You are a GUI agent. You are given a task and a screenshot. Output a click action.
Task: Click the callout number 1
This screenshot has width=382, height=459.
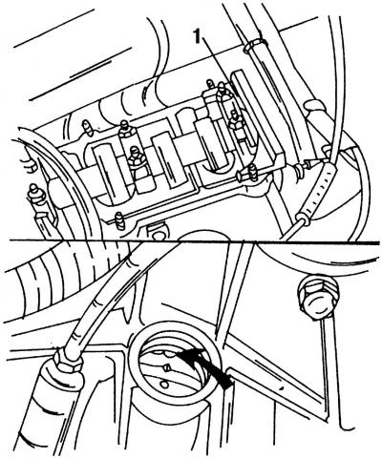pyautogui.click(x=198, y=37)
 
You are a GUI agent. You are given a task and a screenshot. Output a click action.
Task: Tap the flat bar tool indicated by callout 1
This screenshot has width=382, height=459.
pyautogui.click(x=259, y=115)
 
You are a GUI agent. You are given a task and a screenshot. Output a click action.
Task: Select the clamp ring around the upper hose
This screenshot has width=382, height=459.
pyautogui.click(x=255, y=46)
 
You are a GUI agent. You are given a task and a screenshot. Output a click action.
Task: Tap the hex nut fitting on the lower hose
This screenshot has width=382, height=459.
pyautogui.click(x=68, y=361)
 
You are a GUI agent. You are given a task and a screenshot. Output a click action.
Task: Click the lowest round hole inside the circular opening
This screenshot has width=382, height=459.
pyautogui.click(x=164, y=385)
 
